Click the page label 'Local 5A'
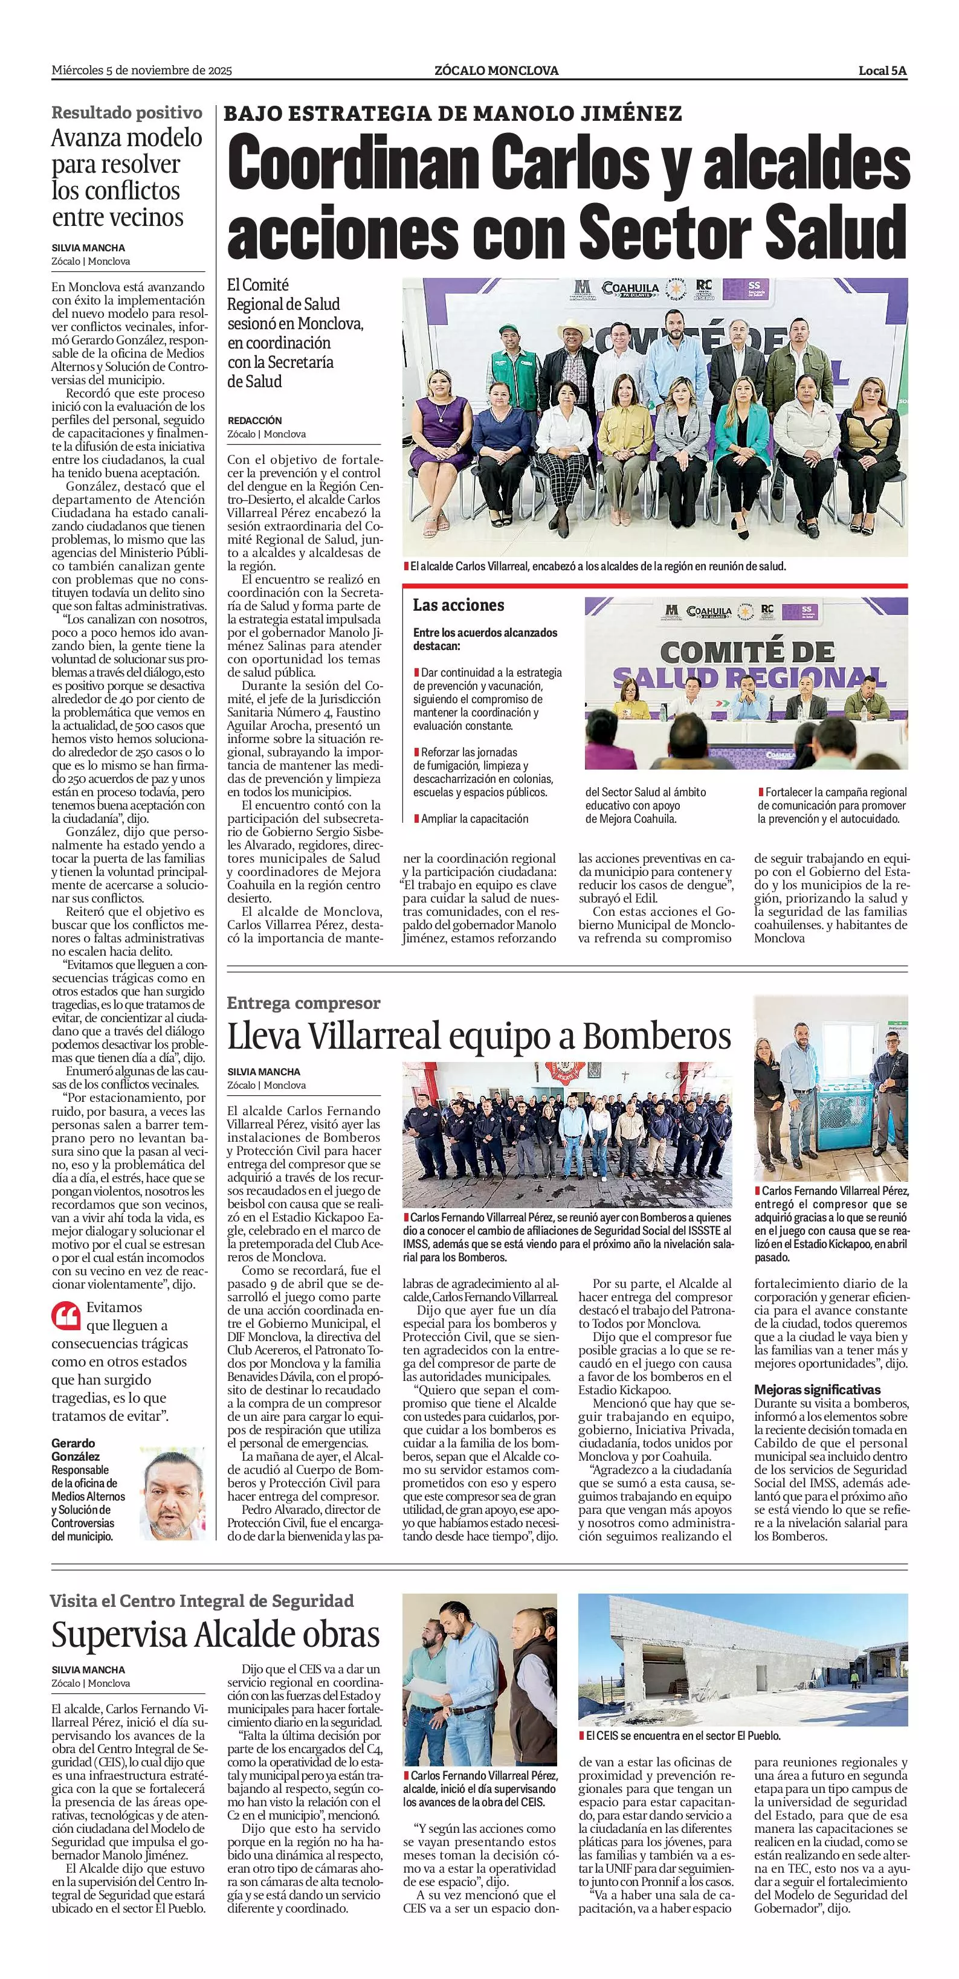point(882,71)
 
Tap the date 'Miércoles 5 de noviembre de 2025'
point(141,71)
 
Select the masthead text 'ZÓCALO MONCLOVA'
point(496,71)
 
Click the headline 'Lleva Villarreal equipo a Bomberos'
point(478,1037)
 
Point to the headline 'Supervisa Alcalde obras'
point(215,1635)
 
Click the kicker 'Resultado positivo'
point(127,113)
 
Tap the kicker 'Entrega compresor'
point(303,1003)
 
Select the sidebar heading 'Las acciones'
point(458,605)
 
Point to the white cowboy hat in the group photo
point(575,329)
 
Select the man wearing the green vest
point(508,361)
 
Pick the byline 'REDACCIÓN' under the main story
point(254,420)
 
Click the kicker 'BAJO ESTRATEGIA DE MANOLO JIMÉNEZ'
point(453,114)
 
